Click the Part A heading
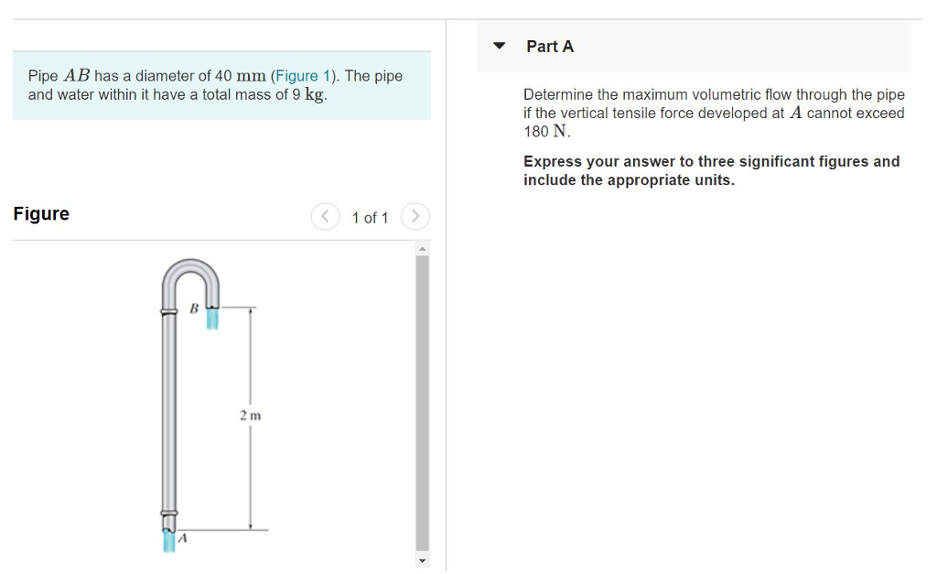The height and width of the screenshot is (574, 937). [x=550, y=47]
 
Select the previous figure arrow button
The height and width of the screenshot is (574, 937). [x=325, y=217]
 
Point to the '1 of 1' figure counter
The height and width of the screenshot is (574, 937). [x=370, y=218]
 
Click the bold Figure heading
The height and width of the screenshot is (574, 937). [x=41, y=214]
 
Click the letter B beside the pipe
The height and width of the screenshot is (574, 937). [x=193, y=309]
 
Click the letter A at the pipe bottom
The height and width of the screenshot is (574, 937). [x=182, y=538]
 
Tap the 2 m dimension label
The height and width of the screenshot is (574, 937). [x=250, y=416]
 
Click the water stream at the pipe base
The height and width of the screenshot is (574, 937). [x=168, y=541]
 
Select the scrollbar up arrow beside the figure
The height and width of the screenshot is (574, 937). [x=422, y=248]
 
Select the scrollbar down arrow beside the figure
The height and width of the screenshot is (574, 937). [x=422, y=559]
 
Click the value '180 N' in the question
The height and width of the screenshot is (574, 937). [x=546, y=132]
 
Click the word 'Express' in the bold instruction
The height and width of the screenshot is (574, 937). [x=553, y=162]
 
